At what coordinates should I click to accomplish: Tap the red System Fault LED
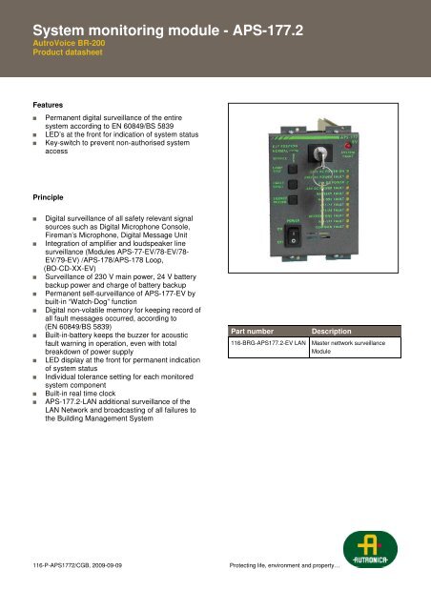pyautogui.click(x=376, y=152)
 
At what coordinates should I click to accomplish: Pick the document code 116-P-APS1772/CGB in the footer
pyautogui.click(x=61, y=592)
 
